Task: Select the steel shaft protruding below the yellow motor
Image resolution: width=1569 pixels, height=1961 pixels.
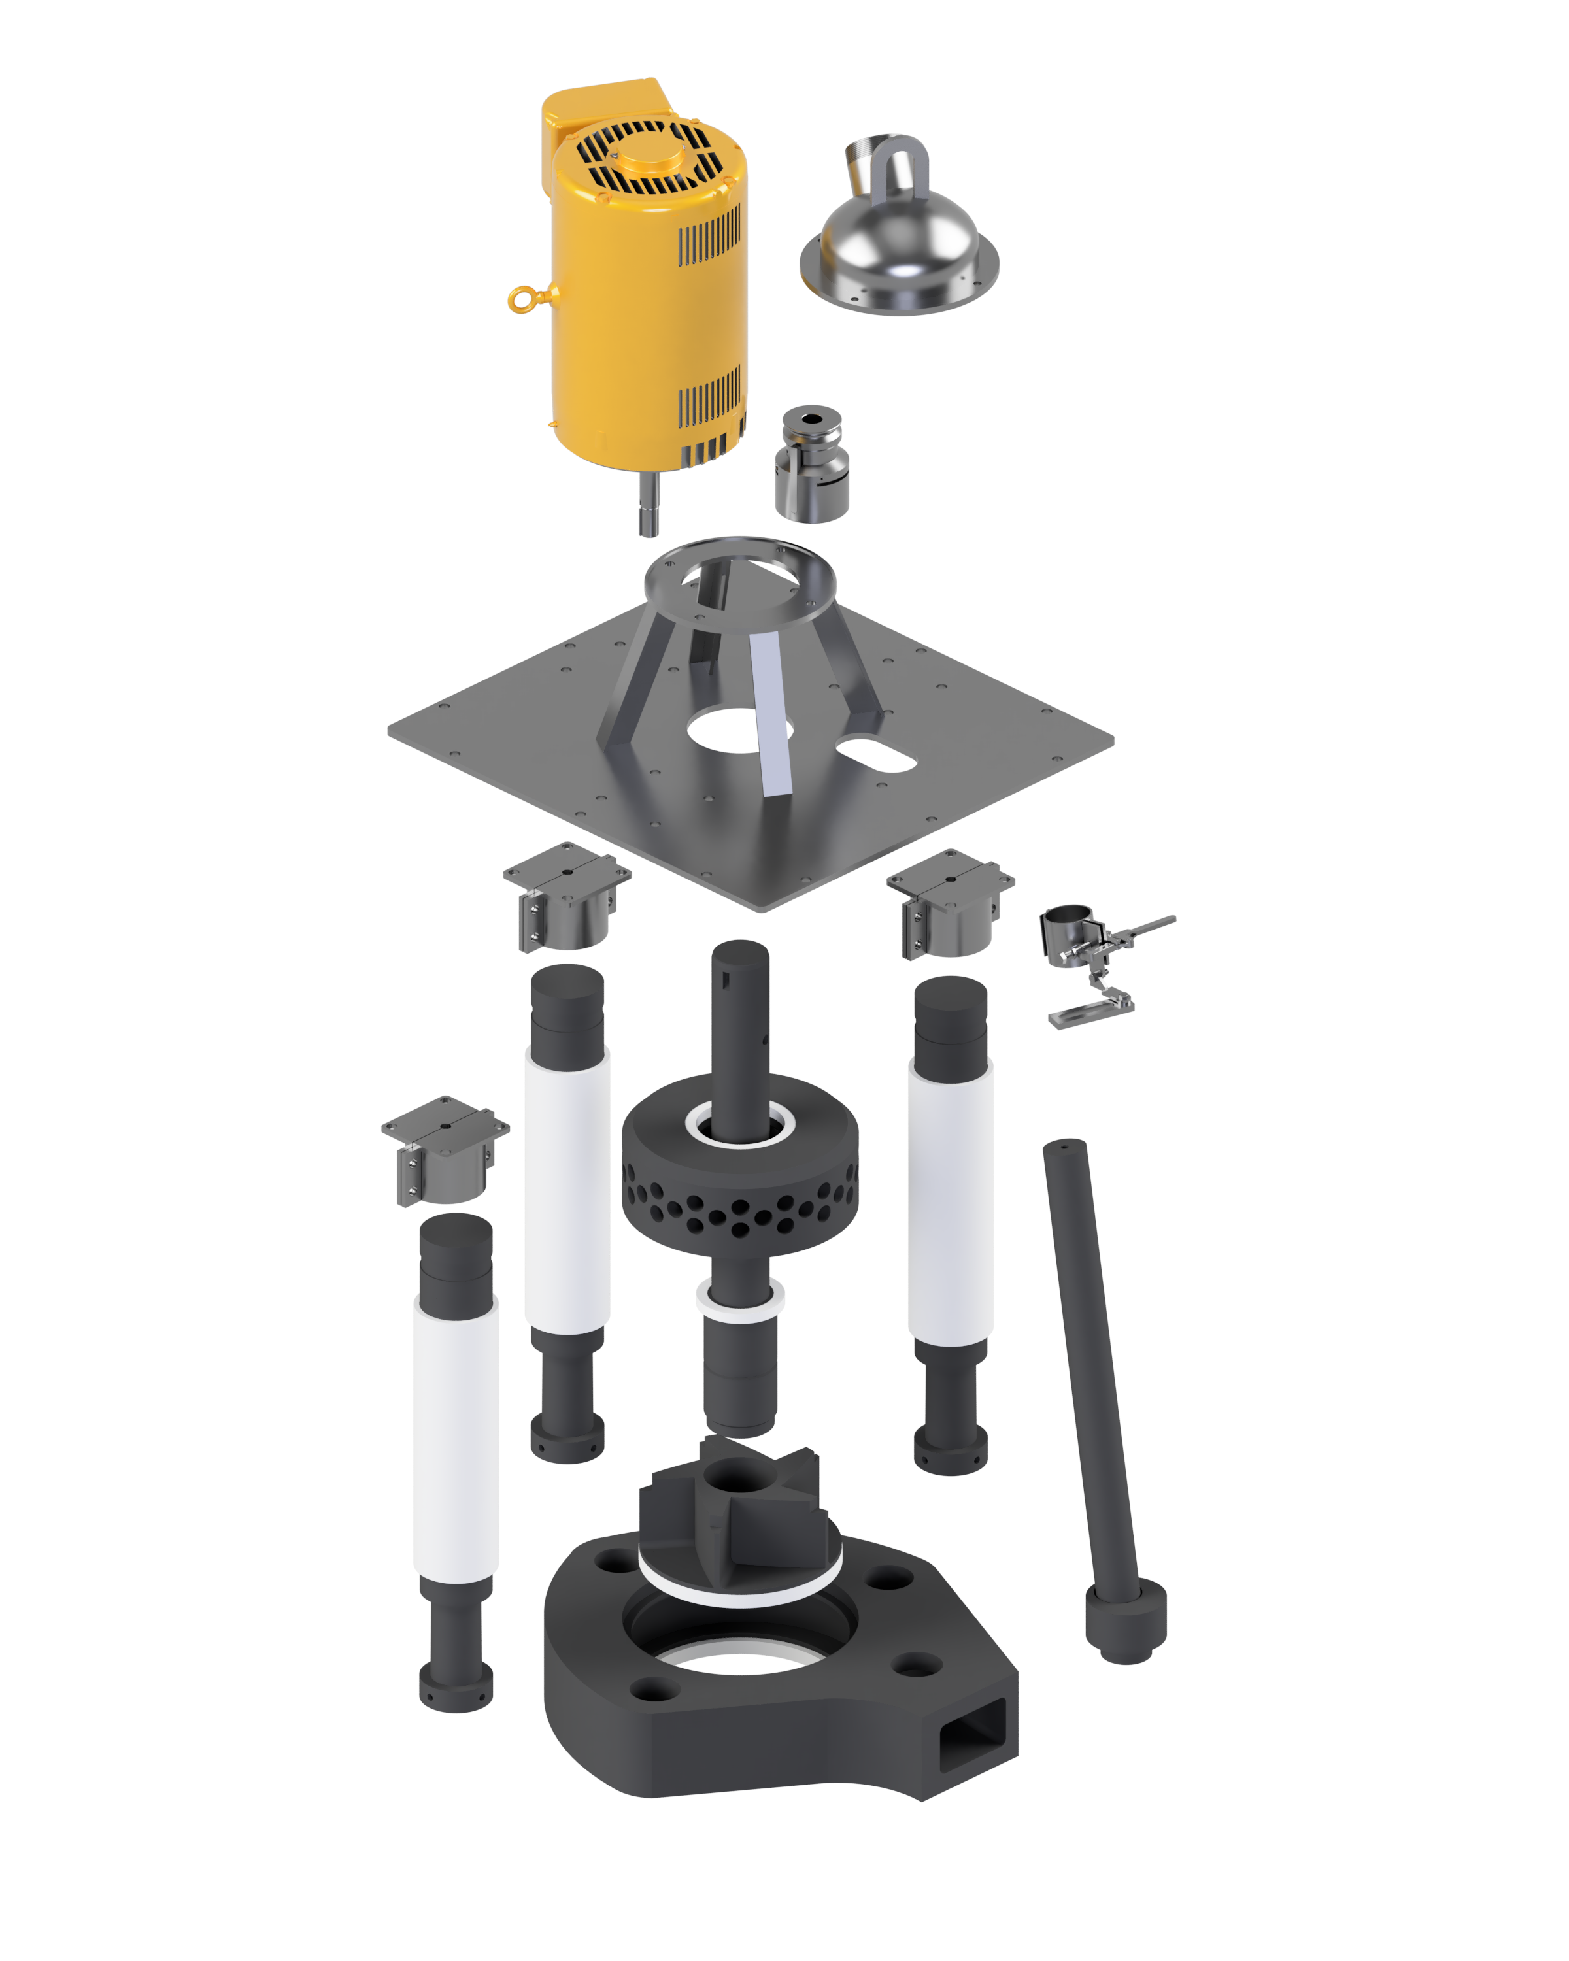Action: point(648,506)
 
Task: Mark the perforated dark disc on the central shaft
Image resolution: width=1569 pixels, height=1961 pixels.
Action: point(739,1182)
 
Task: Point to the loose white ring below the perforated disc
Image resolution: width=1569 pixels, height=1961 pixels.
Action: point(739,1303)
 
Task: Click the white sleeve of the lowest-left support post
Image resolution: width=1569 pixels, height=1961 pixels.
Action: point(456,1446)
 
